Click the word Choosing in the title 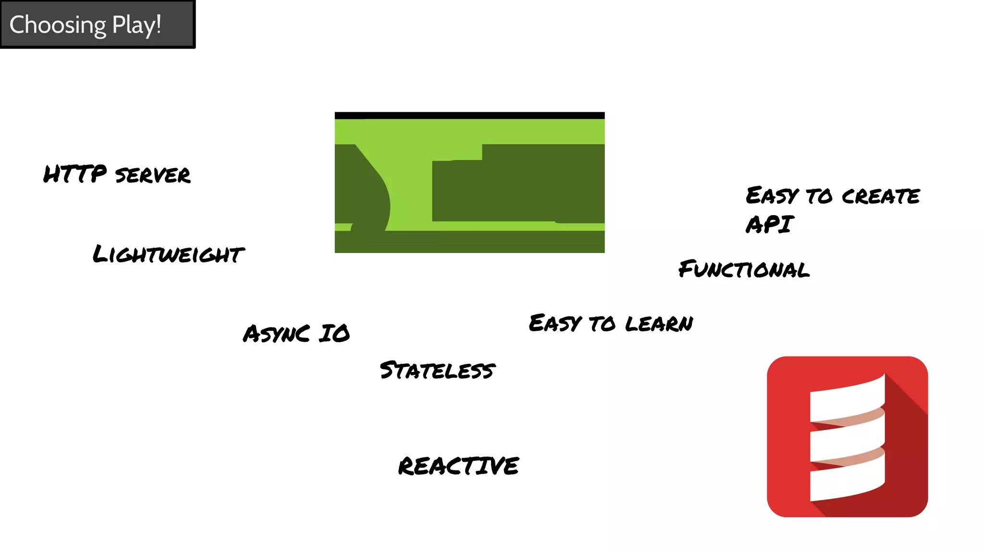pos(58,25)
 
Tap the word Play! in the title pos(136,25)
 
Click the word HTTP pos(75,174)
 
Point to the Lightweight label pos(168,254)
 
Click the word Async pos(276,334)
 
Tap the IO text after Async pos(335,334)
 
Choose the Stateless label pos(437,370)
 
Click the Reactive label pos(458,466)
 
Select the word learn pos(659,324)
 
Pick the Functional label pos(744,269)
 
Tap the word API pos(770,224)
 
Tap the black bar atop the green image pos(469,115)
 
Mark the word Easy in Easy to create pos(772,196)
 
